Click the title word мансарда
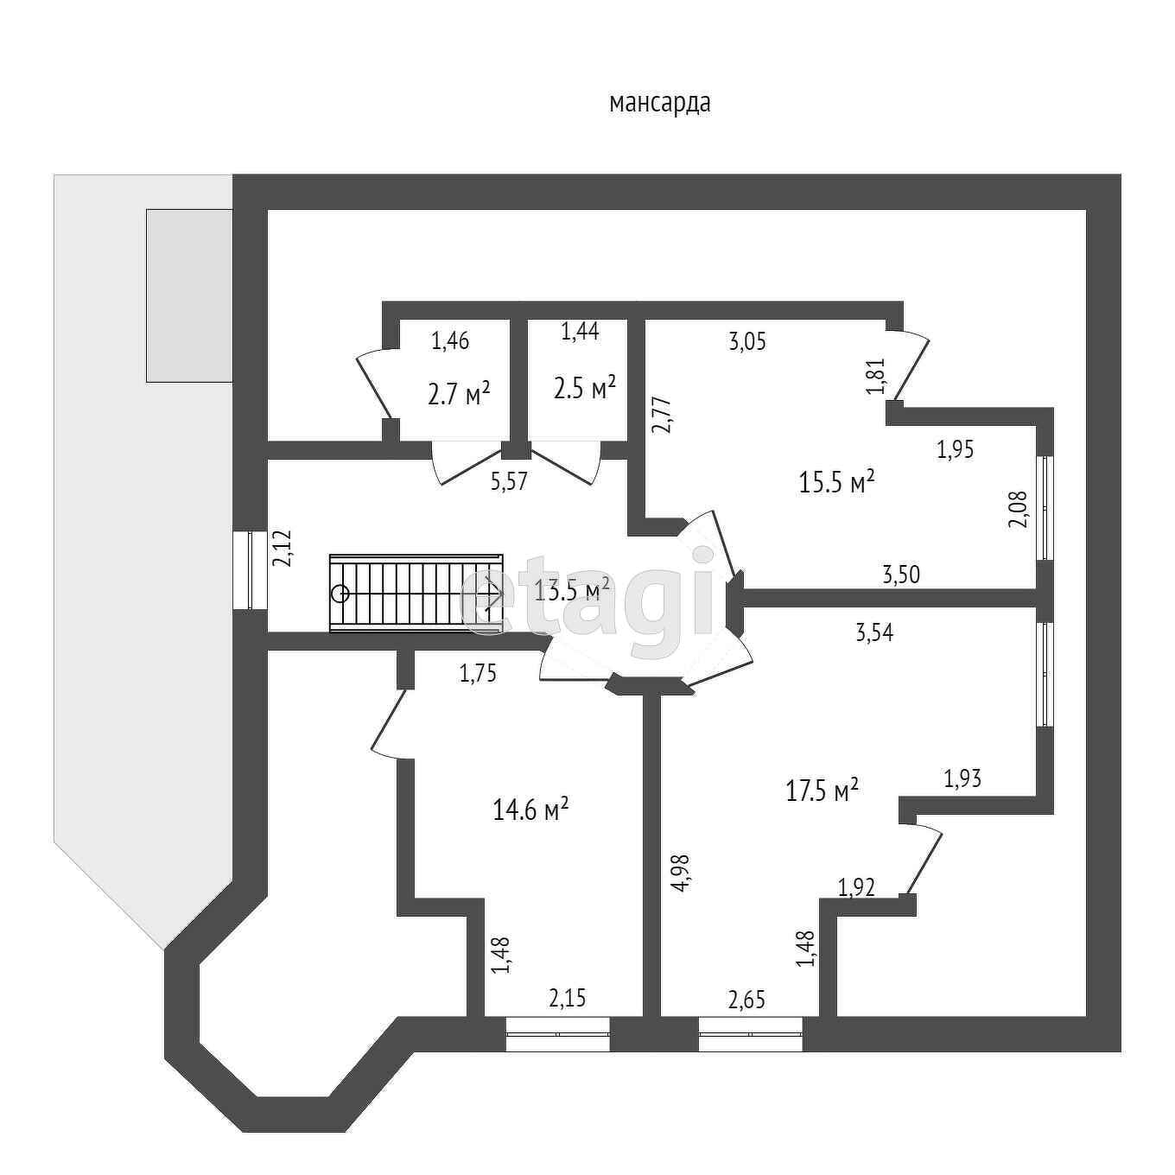(660, 104)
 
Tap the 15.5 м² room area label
(837, 481)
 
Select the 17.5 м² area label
(822, 790)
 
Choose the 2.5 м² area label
(584, 387)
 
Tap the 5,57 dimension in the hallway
(509, 482)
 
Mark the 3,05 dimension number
(747, 341)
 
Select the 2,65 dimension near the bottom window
(746, 1000)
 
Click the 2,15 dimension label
(567, 999)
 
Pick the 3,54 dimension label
(874, 632)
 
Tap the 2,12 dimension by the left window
(283, 548)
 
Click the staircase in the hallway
(415, 594)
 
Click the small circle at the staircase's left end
(340, 594)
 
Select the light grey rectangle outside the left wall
(188, 295)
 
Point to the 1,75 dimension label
(478, 674)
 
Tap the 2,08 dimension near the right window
(1019, 508)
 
